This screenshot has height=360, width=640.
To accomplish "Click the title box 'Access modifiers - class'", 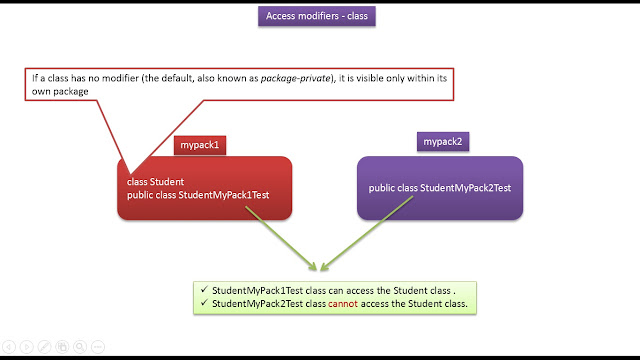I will (x=319, y=17).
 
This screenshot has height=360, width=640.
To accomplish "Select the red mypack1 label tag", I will (x=201, y=145).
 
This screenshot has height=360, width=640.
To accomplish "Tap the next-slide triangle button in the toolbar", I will (x=27, y=347).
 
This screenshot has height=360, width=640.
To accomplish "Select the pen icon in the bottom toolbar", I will (x=44, y=347).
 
